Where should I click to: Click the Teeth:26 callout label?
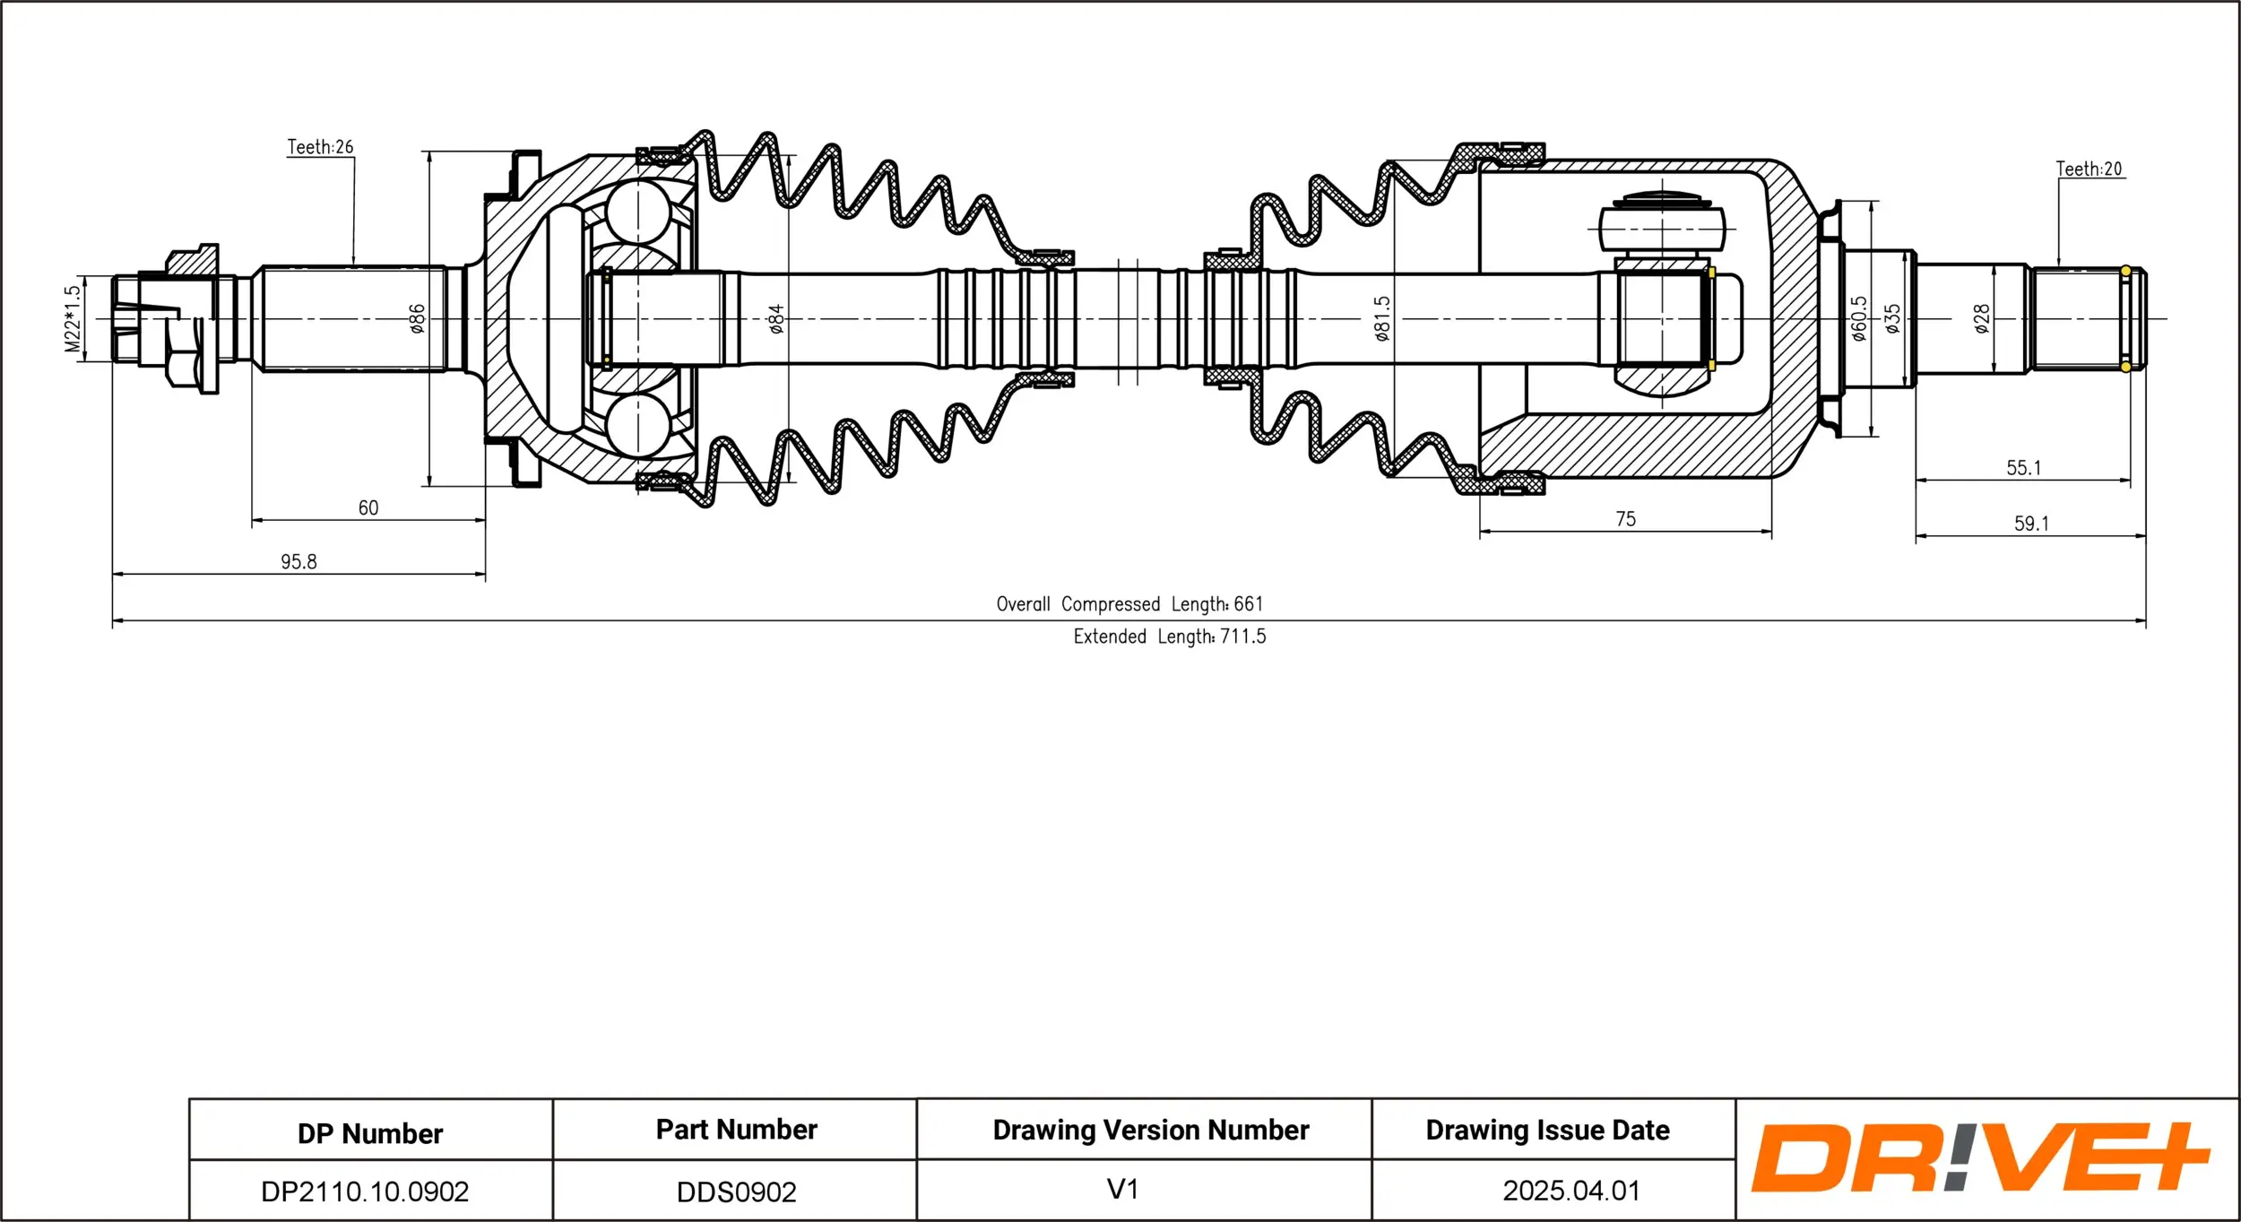coord(320,147)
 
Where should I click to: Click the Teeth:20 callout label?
coord(2089,169)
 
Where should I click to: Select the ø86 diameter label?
coord(417,319)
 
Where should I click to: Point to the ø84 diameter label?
coord(776,319)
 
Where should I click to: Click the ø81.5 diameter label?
coord(1382,319)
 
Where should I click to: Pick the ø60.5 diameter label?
coord(1859,319)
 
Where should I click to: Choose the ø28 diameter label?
coord(1982,319)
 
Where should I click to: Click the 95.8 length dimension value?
coord(299,562)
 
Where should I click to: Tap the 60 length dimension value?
coord(368,508)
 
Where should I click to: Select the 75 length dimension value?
coord(1625,519)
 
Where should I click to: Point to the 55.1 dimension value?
coord(2023,468)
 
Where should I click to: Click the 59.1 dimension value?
coord(2031,524)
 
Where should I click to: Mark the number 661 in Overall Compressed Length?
coord(1248,604)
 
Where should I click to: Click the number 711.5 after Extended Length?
coord(1242,637)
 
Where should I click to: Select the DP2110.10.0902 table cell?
coord(365,1192)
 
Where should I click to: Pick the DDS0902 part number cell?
coord(736,1192)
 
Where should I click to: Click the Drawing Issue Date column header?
coord(1547,1130)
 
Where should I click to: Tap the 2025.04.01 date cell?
coord(1570,1191)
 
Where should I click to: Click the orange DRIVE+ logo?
coord(1979,1157)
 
